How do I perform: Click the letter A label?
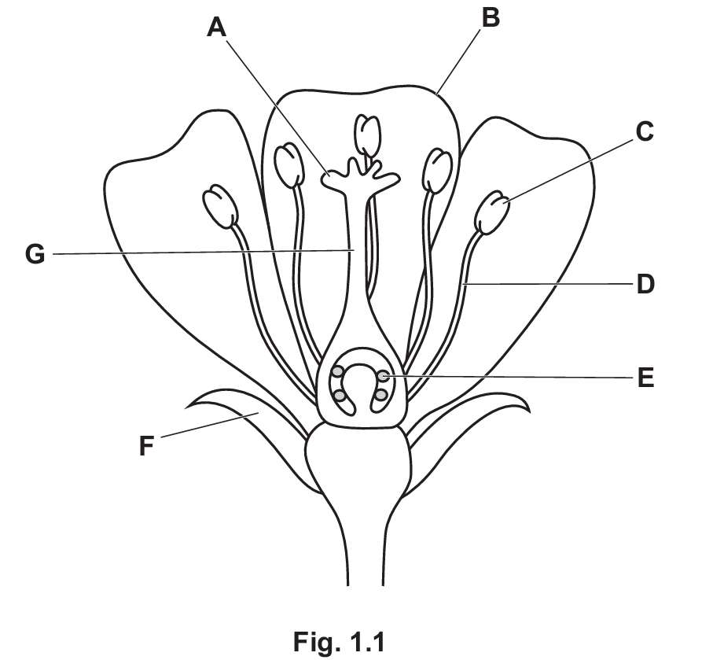coord(216,28)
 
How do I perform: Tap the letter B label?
coord(490,17)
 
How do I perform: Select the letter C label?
coord(645,132)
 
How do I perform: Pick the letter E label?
coord(645,379)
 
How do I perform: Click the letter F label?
coord(145,447)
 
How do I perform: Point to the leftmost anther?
coord(220,206)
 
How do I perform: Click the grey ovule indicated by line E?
coord(383,377)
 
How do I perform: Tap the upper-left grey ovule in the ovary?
coord(338,371)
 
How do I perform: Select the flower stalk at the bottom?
coord(365,551)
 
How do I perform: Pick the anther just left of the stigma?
coord(289,164)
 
